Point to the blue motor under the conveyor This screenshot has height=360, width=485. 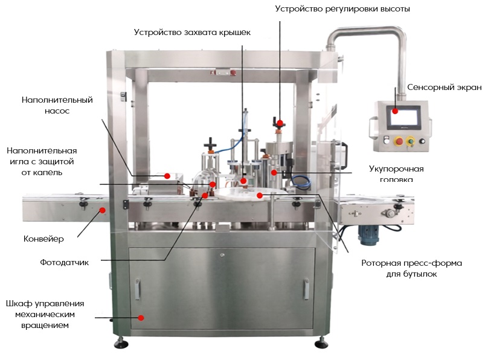pyautogui.click(x=369, y=232)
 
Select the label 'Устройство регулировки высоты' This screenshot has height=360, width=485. pyautogui.click(x=342, y=9)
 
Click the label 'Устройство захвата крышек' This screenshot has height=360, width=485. pyautogui.click(x=192, y=32)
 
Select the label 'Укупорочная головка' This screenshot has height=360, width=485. pyautogui.click(x=396, y=173)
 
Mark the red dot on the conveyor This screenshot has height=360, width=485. pyautogui.click(x=102, y=210)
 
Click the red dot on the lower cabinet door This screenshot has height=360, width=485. pyautogui.click(x=141, y=317)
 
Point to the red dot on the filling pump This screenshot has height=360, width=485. pyautogui.click(x=167, y=176)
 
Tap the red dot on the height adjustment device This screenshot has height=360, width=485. pyautogui.click(x=280, y=123)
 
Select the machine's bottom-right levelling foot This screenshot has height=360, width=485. pyautogui.click(x=320, y=342)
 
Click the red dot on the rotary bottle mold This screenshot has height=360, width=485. pyautogui.click(x=259, y=195)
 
